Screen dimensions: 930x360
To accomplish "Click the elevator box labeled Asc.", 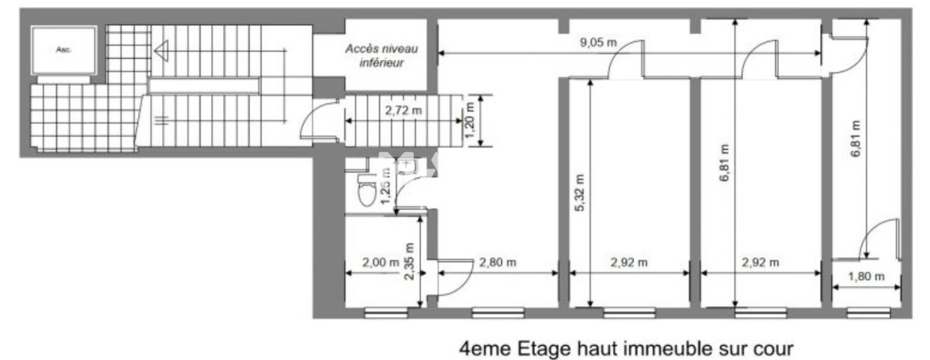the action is click(64, 50).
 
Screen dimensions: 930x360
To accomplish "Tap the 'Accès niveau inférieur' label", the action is click(382, 56).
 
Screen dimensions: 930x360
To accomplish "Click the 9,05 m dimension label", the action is click(598, 43).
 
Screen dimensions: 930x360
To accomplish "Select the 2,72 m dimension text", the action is click(403, 110).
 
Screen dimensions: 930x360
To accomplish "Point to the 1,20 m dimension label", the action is click(470, 120).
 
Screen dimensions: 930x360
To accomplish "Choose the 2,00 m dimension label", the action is click(381, 263).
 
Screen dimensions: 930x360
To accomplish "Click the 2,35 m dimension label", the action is click(409, 261).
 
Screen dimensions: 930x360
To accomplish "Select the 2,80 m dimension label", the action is click(497, 263).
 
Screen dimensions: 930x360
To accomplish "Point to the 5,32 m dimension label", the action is click(579, 193).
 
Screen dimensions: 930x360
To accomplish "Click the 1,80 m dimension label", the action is click(866, 277).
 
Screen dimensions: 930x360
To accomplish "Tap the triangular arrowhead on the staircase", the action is click(161, 51).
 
